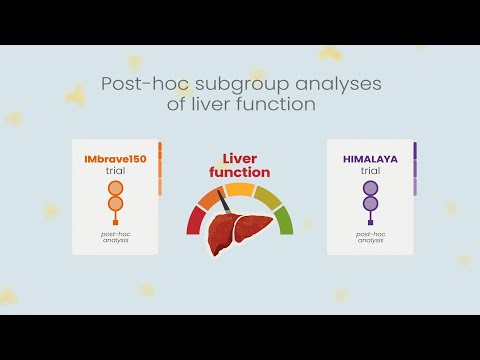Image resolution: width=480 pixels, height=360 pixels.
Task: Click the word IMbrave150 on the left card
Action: (115, 159)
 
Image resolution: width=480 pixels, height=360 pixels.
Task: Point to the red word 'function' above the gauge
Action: (240, 172)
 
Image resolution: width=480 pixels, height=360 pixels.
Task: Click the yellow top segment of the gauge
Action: (240, 189)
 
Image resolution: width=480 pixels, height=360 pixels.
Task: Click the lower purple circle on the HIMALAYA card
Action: (371, 204)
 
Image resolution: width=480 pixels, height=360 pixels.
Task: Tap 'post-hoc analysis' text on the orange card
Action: (115, 238)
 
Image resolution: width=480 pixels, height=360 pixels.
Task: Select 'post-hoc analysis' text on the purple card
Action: (371, 238)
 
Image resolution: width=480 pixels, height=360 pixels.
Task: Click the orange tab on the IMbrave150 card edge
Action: (160, 160)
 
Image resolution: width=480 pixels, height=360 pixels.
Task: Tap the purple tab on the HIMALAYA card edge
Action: (415, 160)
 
